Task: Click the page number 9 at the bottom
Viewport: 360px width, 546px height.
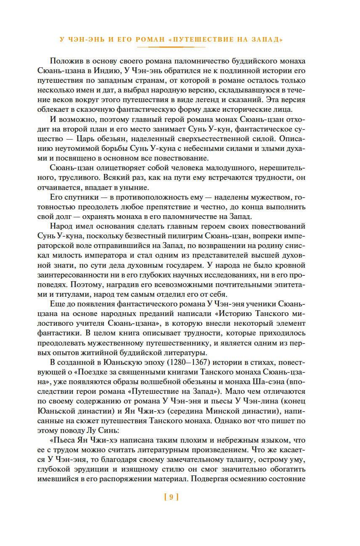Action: point(171,497)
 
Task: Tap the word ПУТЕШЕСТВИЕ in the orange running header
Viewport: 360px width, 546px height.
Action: point(210,40)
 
